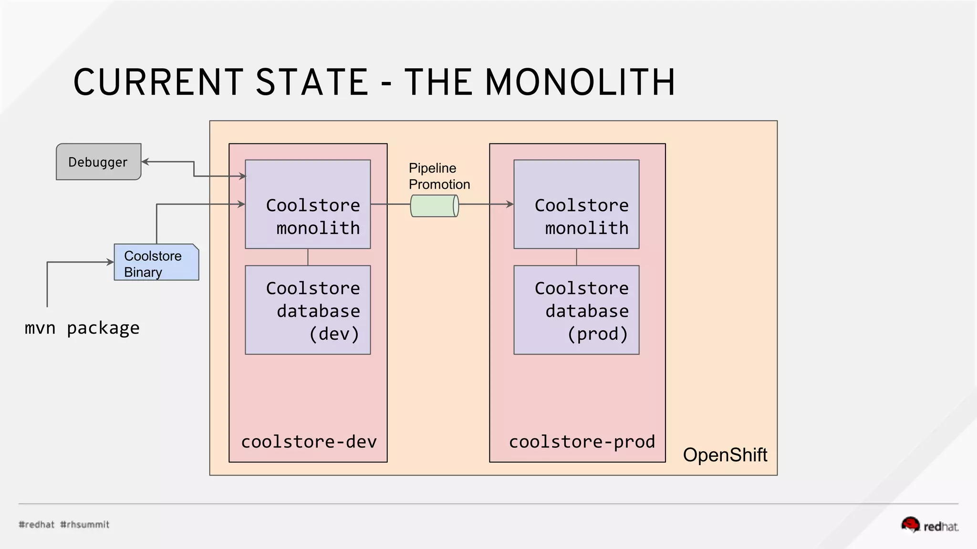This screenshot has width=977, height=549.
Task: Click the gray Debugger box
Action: [98, 162]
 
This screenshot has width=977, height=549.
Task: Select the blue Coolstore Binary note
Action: [156, 263]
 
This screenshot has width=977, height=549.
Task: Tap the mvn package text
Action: [82, 328]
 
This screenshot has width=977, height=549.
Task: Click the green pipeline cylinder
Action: [434, 206]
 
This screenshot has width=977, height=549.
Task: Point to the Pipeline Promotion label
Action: [438, 176]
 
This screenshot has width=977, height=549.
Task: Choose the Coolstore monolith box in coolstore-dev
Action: [308, 204]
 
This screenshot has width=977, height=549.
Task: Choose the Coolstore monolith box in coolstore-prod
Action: [576, 204]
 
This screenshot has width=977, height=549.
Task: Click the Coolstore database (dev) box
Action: [308, 310]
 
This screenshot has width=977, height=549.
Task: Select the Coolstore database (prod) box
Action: [576, 310]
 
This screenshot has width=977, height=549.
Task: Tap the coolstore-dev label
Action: [309, 442]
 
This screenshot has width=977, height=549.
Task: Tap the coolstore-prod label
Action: [582, 442]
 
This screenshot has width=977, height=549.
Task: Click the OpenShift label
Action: [725, 455]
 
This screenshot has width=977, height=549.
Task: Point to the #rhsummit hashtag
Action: [85, 525]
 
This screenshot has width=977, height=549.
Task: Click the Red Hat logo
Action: [929, 525]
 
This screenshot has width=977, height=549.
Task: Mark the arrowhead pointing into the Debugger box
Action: [145, 162]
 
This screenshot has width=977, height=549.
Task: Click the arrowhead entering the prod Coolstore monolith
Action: [510, 204]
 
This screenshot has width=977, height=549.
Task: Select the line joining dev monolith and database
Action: [308, 257]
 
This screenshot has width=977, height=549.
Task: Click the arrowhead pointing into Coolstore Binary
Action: [110, 262]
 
